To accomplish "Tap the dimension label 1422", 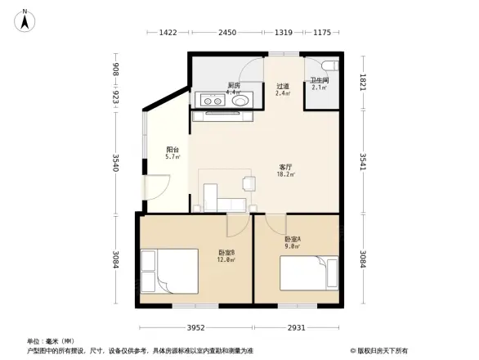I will click(x=168, y=33).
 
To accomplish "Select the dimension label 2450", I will click(x=226, y=33).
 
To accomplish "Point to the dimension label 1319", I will click(x=284, y=33).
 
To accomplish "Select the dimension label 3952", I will click(x=194, y=328).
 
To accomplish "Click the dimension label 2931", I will click(x=296, y=328).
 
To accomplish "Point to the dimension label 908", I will click(x=117, y=70).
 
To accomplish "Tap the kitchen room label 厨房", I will click(x=233, y=85).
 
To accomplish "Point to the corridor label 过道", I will click(x=282, y=86).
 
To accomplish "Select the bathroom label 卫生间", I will click(x=318, y=80).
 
